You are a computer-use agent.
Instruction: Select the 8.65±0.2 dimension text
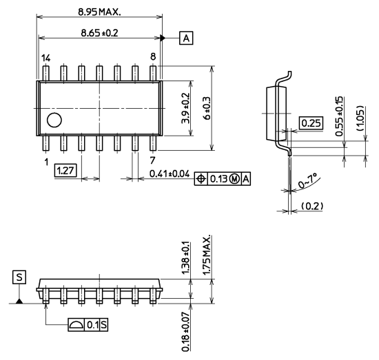click(x=101, y=32)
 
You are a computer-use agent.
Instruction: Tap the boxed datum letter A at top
click(x=185, y=37)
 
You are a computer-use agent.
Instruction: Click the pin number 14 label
click(x=45, y=59)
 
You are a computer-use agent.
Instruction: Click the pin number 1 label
click(x=45, y=162)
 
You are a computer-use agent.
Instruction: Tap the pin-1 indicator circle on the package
click(x=53, y=121)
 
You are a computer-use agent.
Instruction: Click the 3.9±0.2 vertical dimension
click(x=185, y=108)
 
